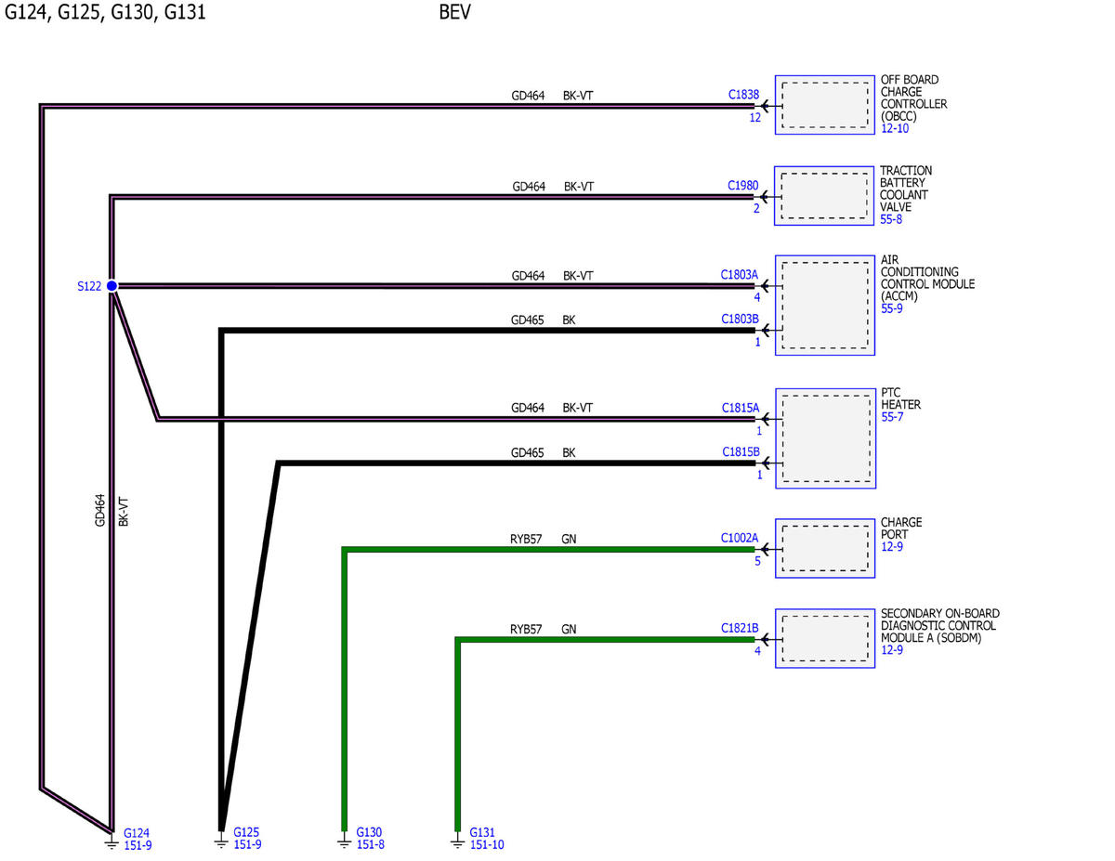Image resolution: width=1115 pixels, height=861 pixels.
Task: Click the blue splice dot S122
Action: point(111,286)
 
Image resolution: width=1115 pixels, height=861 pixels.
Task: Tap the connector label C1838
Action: point(743,95)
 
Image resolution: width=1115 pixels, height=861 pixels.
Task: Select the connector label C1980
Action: point(742,185)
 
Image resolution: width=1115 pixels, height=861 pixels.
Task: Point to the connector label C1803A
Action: point(739,275)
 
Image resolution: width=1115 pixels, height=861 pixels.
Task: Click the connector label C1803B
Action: point(740,319)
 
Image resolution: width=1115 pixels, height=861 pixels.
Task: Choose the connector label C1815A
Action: point(740,408)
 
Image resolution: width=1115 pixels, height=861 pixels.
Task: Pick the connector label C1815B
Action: point(741,451)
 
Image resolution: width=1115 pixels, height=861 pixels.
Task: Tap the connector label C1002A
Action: point(739,538)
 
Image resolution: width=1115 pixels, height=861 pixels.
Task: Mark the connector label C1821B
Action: point(740,628)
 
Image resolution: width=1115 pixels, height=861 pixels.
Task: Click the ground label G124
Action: point(137,833)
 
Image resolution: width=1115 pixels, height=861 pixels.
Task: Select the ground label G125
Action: point(246,832)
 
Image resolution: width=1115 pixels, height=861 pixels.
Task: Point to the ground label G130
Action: point(369,832)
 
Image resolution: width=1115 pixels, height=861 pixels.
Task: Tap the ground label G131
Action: point(482,832)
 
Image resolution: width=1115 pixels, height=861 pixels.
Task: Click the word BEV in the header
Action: point(454,12)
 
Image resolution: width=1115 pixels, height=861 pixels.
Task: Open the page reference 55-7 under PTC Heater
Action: point(892,417)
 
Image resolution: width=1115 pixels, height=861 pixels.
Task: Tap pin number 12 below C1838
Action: point(754,117)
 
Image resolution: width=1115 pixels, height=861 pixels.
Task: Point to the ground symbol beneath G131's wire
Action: point(457,842)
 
